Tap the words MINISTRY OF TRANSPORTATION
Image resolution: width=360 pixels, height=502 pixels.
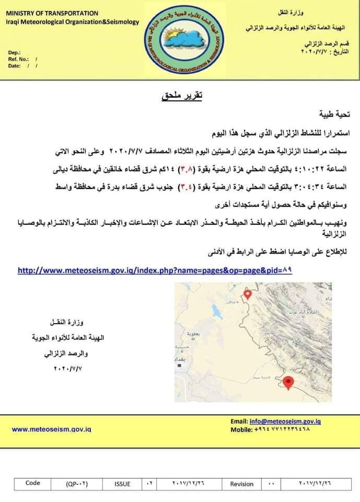point(52,13)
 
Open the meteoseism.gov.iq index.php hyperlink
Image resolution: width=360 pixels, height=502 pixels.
point(155,271)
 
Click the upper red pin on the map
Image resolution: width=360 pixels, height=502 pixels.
point(248,294)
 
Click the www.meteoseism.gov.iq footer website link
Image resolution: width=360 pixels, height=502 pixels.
point(51,429)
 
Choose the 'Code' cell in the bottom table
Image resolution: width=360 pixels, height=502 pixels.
point(32,483)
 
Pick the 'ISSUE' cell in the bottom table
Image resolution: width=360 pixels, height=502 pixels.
point(122,484)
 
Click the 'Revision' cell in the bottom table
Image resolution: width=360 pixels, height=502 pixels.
point(241,484)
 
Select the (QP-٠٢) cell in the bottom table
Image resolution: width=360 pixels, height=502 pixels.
point(77,484)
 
